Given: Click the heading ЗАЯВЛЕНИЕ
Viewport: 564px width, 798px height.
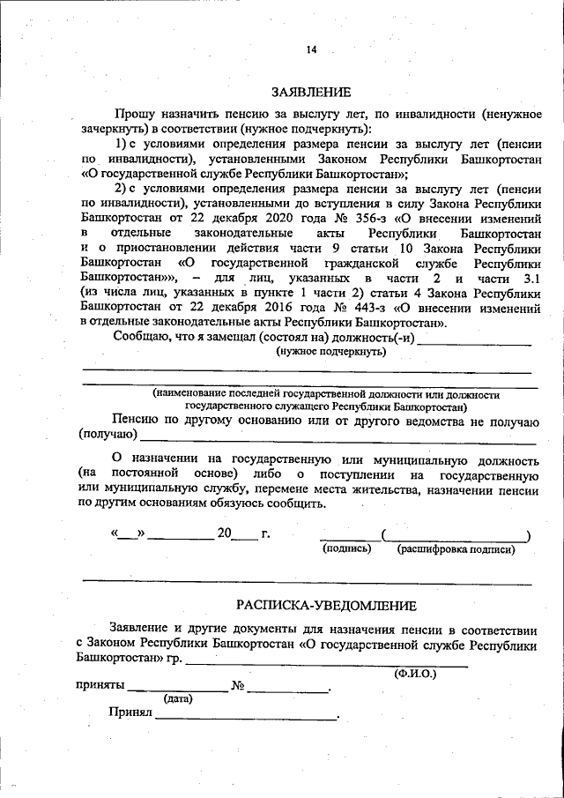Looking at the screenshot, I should [310, 92].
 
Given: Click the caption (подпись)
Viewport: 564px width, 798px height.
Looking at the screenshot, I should [343, 548].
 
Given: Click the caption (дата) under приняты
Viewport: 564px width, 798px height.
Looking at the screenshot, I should [178, 698].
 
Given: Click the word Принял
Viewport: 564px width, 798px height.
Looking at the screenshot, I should [130, 712].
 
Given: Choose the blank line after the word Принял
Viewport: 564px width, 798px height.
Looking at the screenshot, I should [247, 717].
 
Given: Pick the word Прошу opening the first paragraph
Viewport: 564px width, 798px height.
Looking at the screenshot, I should [132, 114].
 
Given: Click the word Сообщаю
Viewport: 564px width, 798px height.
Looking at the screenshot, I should [144, 336].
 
